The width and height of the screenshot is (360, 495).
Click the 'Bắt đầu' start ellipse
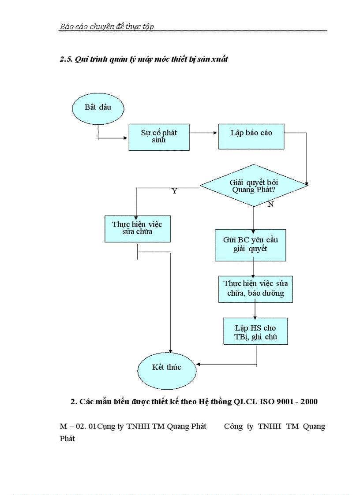click(98, 108)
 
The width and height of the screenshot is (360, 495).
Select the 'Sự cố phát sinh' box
click(159, 137)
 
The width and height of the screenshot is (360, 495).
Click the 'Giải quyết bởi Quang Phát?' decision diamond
click(254, 186)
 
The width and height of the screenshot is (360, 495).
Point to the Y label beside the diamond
click(174, 192)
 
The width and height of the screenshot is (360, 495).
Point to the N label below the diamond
click(270, 205)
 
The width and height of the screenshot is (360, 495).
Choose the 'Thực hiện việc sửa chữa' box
click(137, 228)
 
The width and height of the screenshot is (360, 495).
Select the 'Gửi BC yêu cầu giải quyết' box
click(250, 245)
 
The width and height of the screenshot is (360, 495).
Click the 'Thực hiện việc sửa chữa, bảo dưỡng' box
click(255, 289)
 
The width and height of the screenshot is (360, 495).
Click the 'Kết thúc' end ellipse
click(167, 368)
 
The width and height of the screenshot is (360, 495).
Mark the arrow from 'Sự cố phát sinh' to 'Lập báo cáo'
click(204, 132)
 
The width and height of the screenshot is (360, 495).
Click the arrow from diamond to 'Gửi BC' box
click(253, 218)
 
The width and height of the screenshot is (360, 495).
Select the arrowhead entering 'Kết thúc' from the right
click(199, 364)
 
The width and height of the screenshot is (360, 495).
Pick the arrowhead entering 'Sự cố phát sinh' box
click(125, 138)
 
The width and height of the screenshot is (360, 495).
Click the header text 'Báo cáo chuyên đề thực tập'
click(107, 27)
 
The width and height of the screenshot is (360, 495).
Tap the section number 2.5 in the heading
click(66, 59)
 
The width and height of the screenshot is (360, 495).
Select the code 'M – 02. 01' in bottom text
click(77, 427)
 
